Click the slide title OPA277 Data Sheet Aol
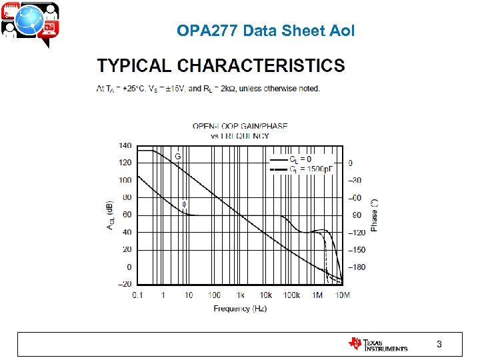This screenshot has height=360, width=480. coord(265,31)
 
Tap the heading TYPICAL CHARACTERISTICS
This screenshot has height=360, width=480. coord(221,66)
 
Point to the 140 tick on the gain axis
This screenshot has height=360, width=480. coord(125,145)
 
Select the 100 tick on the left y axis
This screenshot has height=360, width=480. coord(125,180)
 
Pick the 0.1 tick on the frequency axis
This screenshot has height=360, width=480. coord(137,295)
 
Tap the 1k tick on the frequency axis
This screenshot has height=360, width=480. coord(240,295)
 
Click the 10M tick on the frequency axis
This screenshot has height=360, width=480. coord(343,295)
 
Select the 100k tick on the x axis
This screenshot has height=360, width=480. coord(291,295)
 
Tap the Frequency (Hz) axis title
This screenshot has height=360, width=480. coord(240,309)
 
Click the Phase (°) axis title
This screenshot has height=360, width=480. coord(375,215)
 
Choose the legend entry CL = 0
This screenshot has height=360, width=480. coord(300,159)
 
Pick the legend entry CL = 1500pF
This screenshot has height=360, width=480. coord(308,169)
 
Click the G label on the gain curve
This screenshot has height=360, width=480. coord(177,157)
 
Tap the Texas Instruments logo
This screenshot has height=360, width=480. coord(377,344)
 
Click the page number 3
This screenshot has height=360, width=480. coord(439,344)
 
